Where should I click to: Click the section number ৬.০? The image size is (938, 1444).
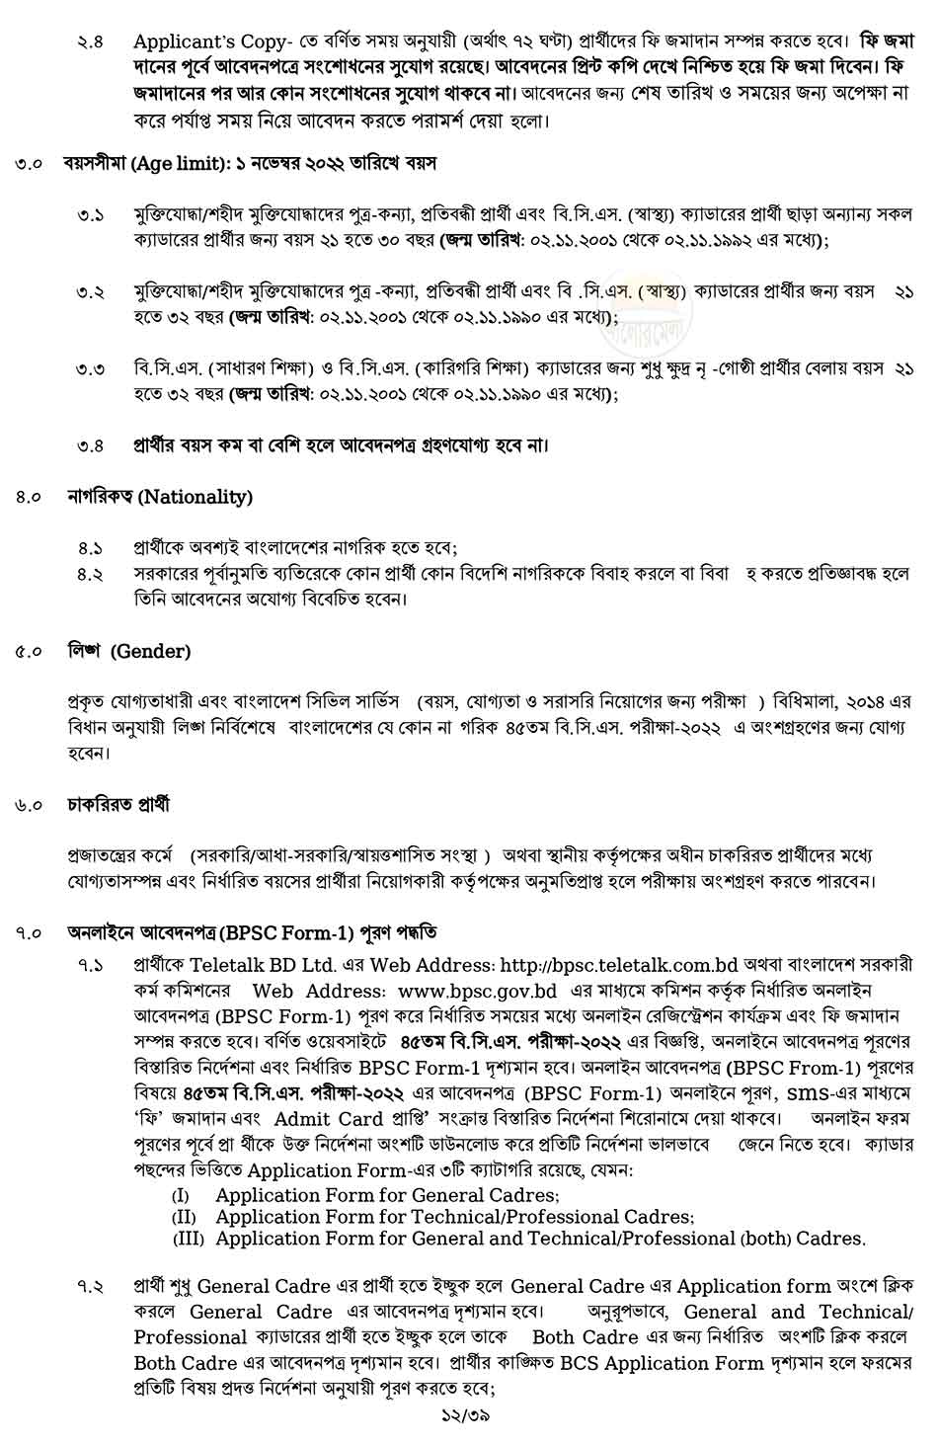coord(29,805)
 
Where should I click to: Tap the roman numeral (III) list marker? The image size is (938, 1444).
coord(188,1239)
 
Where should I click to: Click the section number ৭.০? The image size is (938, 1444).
coord(29,932)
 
